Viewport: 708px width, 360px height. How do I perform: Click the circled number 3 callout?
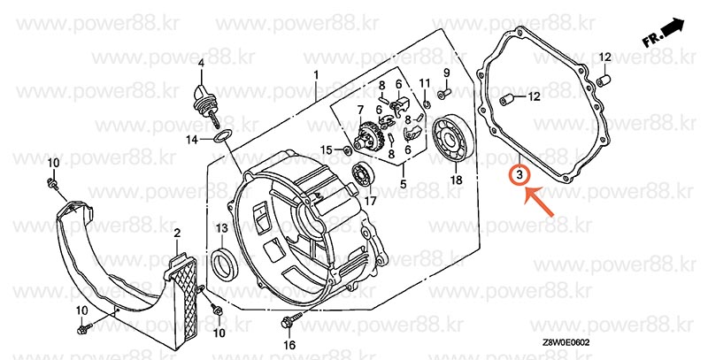(519, 174)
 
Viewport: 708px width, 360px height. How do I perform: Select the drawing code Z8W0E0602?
(566, 343)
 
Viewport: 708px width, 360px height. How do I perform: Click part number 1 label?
(316, 74)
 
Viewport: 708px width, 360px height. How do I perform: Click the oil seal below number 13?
(225, 263)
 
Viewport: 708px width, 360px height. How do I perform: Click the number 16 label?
(289, 345)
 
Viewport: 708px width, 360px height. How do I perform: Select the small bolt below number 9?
(444, 94)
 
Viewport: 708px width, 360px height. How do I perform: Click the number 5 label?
(404, 184)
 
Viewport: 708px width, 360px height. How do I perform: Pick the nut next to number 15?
(348, 150)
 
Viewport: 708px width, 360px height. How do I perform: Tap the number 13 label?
(222, 229)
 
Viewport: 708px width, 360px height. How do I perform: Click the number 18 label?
(457, 180)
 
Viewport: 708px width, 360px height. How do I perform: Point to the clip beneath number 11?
(427, 104)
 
